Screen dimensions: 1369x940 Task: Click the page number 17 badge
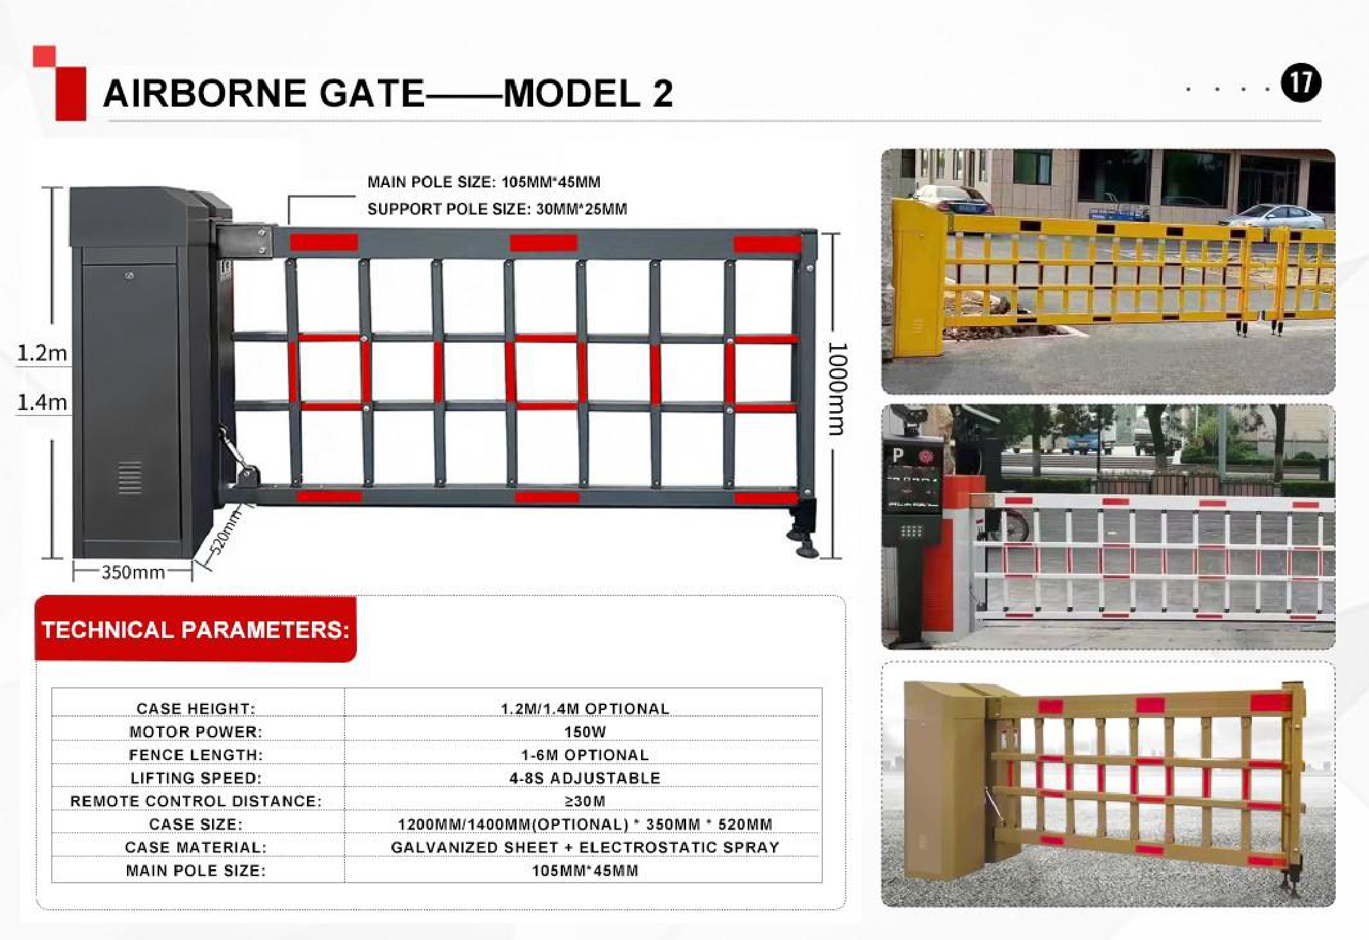(1301, 84)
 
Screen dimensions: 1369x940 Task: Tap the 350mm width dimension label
(133, 572)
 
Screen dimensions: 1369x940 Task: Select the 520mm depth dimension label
(224, 533)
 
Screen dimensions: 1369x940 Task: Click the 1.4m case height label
(42, 403)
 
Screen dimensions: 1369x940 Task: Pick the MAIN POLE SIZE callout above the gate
(484, 182)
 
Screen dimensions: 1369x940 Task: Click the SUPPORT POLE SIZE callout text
(497, 209)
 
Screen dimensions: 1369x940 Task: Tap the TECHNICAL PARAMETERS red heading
(195, 630)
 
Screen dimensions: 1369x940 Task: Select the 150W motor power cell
(585, 732)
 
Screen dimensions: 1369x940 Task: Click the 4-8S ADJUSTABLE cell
(585, 778)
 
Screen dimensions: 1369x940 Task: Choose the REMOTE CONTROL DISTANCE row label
(196, 801)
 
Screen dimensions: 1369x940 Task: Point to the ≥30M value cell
(585, 801)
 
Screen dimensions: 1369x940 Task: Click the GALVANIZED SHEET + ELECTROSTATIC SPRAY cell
(585, 847)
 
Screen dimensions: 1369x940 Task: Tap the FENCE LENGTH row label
(196, 754)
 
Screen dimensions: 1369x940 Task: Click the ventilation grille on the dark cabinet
(129, 478)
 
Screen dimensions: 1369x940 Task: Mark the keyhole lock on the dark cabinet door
(129, 276)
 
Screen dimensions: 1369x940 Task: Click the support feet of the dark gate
(803, 531)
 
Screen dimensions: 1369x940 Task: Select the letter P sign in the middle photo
(898, 456)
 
